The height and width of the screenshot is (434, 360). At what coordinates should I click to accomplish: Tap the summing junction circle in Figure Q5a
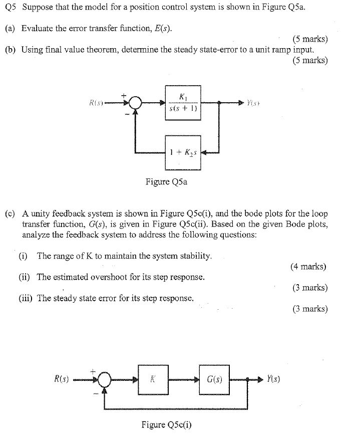click(x=134, y=103)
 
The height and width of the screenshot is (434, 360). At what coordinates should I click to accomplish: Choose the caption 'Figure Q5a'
click(x=166, y=182)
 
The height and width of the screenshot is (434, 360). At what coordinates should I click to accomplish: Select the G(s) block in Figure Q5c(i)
click(x=214, y=379)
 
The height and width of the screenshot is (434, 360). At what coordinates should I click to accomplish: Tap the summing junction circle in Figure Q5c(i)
click(x=105, y=380)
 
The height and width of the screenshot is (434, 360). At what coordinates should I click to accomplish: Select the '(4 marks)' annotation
click(x=308, y=267)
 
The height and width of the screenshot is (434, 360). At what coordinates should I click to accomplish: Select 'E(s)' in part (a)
click(x=162, y=29)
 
